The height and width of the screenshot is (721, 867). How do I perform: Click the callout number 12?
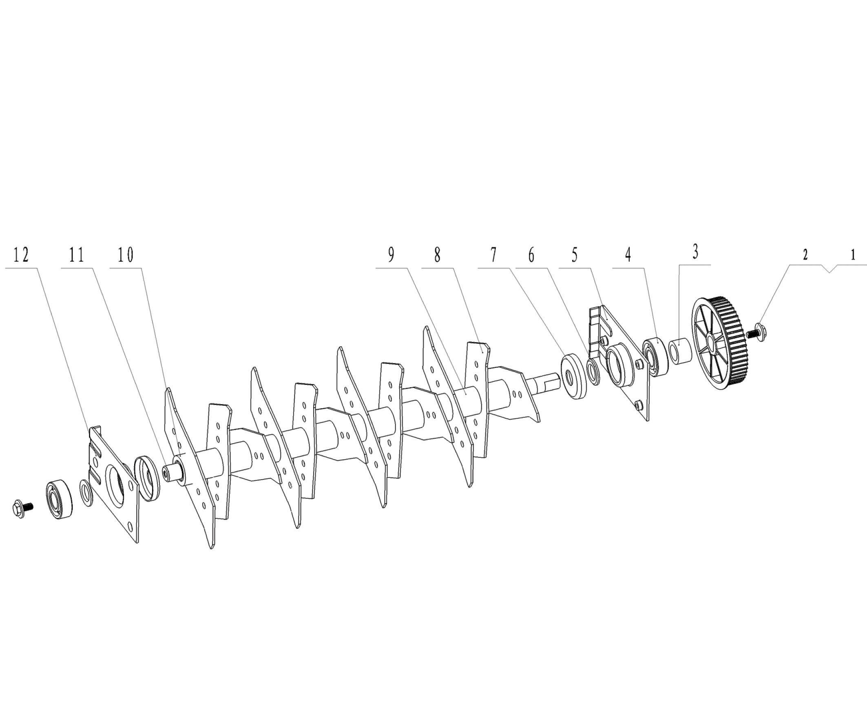pyautogui.click(x=21, y=256)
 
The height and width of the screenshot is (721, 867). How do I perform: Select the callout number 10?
pyautogui.click(x=126, y=256)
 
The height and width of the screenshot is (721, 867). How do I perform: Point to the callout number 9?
pyautogui.click(x=391, y=256)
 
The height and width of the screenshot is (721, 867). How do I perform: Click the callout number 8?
pyautogui.click(x=437, y=256)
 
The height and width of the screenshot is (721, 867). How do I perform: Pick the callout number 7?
pyautogui.click(x=493, y=256)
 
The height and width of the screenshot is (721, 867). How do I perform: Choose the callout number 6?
pyautogui.click(x=531, y=256)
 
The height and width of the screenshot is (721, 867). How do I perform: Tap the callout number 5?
pyautogui.click(x=574, y=256)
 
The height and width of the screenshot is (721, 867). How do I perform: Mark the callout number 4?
pyautogui.click(x=628, y=256)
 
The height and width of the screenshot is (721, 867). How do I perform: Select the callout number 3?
pyautogui.click(x=695, y=252)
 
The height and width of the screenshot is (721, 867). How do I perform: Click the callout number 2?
pyautogui.click(x=805, y=255)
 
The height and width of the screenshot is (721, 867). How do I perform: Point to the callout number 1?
pyautogui.click(x=853, y=255)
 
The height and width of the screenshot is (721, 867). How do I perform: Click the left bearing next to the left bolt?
pyautogui.click(x=59, y=499)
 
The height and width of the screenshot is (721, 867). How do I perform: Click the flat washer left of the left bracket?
pyautogui.click(x=86, y=493)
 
